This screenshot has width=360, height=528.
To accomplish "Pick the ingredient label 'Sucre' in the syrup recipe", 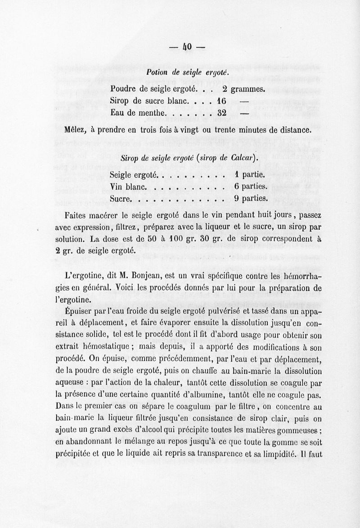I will (120, 199).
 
